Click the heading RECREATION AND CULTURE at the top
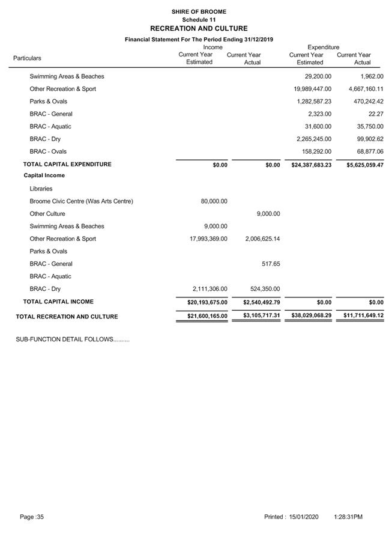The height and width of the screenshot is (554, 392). click(x=199, y=28)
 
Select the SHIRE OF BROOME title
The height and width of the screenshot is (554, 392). click(x=199, y=11)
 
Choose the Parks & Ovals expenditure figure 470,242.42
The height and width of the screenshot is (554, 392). click(x=364, y=102)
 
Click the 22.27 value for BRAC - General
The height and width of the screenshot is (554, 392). click(x=375, y=114)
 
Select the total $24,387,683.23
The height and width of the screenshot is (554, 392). click(x=307, y=165)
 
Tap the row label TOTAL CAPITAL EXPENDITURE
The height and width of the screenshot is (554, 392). click(x=67, y=164)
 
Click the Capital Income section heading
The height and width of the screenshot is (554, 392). click(x=44, y=175)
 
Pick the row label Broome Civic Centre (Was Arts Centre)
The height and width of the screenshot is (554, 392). click(x=81, y=201)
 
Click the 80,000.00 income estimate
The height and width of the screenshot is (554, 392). click(x=214, y=201)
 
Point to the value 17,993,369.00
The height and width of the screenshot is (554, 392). click(x=208, y=239)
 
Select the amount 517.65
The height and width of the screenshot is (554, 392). click(x=271, y=264)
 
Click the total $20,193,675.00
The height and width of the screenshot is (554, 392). click(x=203, y=302)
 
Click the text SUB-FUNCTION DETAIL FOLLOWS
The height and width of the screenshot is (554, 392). click(x=72, y=339)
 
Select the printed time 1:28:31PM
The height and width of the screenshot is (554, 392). click(x=348, y=517)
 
